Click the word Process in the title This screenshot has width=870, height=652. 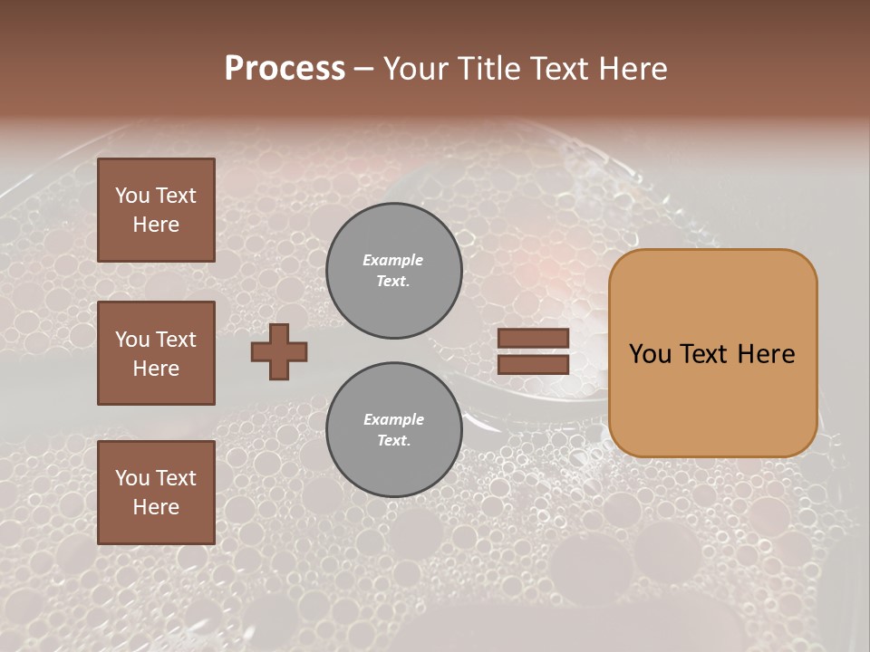[x=285, y=69]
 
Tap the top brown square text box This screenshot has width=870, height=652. [x=156, y=210]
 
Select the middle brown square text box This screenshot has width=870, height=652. [x=156, y=353]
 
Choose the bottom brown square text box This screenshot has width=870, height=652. [x=156, y=493]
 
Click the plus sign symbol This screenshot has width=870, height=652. [x=279, y=351]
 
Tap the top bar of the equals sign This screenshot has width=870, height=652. [x=533, y=339]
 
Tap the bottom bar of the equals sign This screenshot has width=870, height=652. [x=533, y=365]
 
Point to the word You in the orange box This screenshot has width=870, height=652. [x=650, y=354]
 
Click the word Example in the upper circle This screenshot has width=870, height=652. [x=393, y=260]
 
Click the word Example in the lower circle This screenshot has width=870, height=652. [x=393, y=419]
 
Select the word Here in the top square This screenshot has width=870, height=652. [x=156, y=225]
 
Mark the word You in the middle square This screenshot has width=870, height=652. [x=132, y=340]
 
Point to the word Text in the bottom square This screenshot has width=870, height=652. [x=176, y=478]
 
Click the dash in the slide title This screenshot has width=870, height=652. [x=364, y=70]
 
